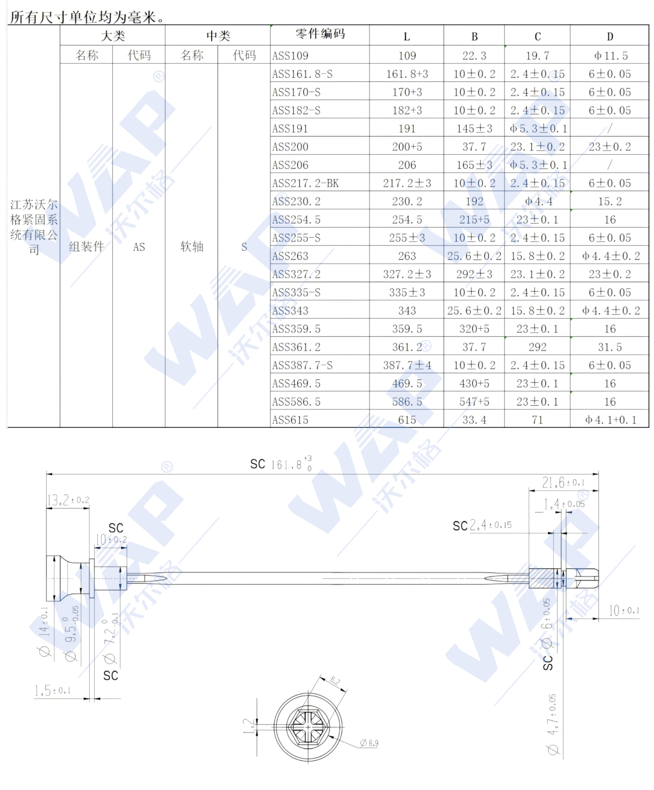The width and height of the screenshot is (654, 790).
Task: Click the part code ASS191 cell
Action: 290,129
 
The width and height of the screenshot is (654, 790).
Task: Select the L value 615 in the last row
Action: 407,420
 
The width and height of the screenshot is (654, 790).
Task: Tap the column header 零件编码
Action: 320,34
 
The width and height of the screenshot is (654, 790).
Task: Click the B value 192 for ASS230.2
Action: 474,202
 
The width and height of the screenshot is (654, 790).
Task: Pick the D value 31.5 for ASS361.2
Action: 610,347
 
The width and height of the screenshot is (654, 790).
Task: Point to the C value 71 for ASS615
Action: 537,420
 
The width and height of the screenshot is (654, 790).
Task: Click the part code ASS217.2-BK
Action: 305,183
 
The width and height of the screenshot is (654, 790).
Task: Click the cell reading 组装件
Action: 87,247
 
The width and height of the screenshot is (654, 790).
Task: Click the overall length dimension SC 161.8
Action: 281,465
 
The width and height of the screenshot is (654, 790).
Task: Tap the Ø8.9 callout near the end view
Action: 369,743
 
